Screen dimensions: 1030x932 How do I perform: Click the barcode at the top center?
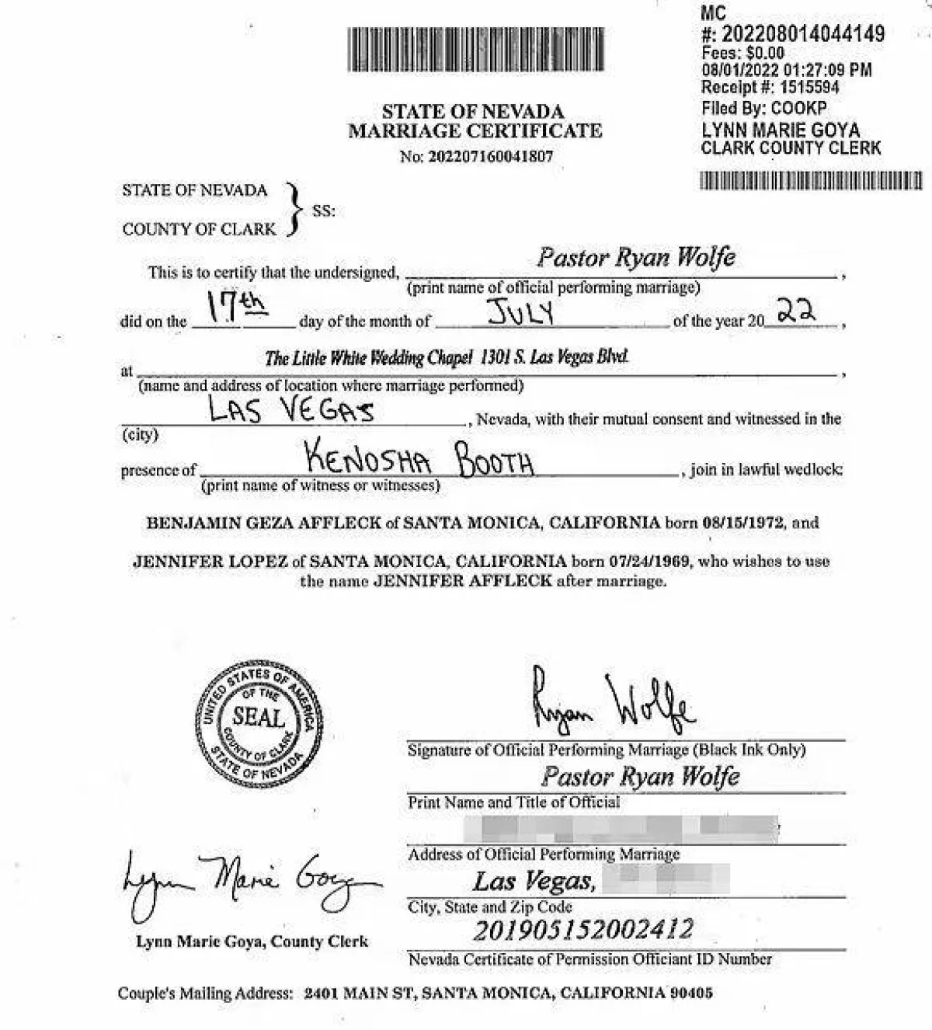tap(475, 50)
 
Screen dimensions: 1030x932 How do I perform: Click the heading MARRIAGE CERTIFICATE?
tap(475, 130)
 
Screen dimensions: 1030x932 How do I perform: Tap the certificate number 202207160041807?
tap(491, 156)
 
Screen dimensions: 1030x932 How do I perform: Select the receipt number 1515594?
tap(809, 87)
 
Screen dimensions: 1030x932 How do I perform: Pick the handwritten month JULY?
tap(520, 312)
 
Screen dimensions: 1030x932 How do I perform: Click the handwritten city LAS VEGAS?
tap(291, 409)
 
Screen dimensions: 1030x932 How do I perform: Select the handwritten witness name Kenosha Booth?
tap(419, 458)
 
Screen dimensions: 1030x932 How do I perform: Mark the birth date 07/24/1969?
tap(649, 561)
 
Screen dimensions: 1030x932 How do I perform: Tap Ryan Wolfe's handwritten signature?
tap(613, 702)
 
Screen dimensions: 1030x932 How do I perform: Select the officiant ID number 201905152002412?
tap(582, 930)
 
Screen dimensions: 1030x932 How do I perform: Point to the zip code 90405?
tap(691, 993)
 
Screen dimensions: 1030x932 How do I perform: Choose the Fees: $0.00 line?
tap(742, 53)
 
